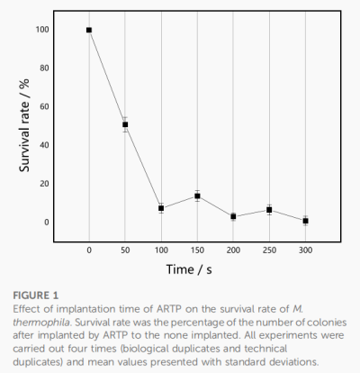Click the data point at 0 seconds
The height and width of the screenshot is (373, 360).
tap(89, 30)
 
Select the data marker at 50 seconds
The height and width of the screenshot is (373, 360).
tap(125, 124)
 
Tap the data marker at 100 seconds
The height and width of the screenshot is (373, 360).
tap(161, 208)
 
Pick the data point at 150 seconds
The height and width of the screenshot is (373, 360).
tap(197, 196)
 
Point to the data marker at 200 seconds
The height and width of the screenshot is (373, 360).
tap(233, 216)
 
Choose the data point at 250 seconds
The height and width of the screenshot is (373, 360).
tap(269, 210)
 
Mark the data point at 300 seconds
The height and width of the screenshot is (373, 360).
tap(305, 221)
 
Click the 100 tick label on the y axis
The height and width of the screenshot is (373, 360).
tap(42, 30)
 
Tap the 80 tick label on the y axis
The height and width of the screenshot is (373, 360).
tap(44, 68)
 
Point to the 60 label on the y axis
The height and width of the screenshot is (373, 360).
tap(44, 106)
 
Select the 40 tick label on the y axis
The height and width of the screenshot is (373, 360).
tap(44, 145)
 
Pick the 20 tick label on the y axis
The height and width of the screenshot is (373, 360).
tap(44, 184)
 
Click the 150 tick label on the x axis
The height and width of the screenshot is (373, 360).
tap(197, 250)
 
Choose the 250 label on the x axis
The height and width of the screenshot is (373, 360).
tap(269, 250)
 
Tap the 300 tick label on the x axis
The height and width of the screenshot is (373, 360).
tap(305, 250)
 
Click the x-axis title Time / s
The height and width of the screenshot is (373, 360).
tap(189, 269)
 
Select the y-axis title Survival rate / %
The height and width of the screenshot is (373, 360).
tap(24, 125)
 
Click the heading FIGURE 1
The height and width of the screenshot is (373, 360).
tap(35, 296)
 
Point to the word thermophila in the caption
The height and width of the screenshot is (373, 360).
tap(41, 323)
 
